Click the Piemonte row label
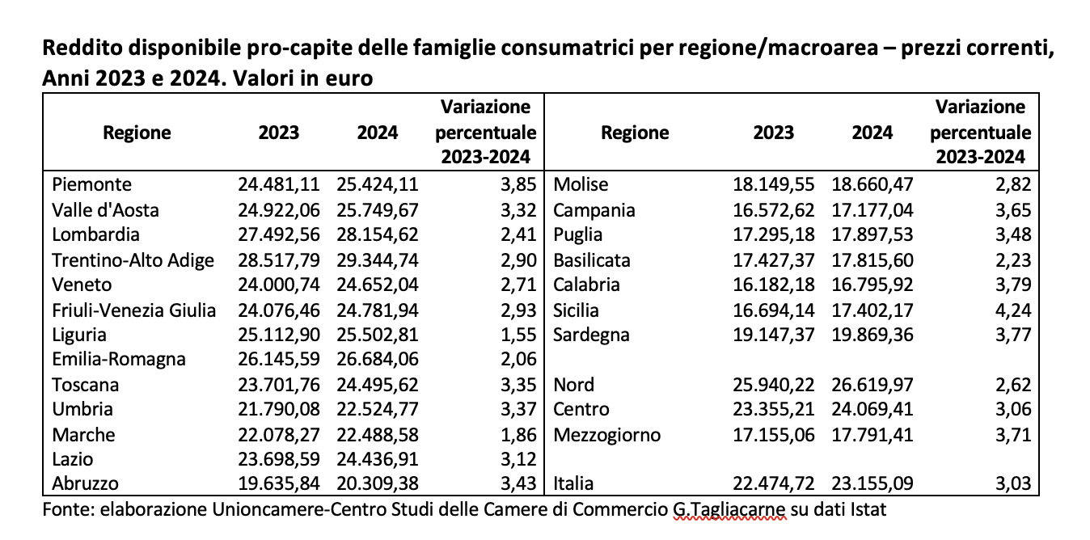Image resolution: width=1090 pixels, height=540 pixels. (x=91, y=185)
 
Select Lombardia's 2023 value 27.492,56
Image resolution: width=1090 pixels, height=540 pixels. (x=278, y=235)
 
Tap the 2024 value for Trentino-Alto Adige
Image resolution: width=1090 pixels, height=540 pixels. (x=378, y=260)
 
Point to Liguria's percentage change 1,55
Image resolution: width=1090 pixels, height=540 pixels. (x=519, y=335)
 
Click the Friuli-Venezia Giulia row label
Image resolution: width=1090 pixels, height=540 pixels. (x=133, y=310)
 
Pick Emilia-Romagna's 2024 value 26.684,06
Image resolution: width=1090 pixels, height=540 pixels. (x=378, y=360)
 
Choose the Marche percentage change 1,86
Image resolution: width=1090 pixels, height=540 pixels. (x=519, y=435)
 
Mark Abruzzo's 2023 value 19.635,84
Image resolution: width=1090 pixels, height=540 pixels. (x=278, y=484)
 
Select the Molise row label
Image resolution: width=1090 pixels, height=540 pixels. (x=581, y=185)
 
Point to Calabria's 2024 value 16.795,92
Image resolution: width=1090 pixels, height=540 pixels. (x=872, y=285)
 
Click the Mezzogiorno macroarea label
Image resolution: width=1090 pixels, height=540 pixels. (x=606, y=435)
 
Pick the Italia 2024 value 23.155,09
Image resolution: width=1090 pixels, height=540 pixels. (x=872, y=484)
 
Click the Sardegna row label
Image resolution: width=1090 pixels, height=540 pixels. (x=591, y=335)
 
